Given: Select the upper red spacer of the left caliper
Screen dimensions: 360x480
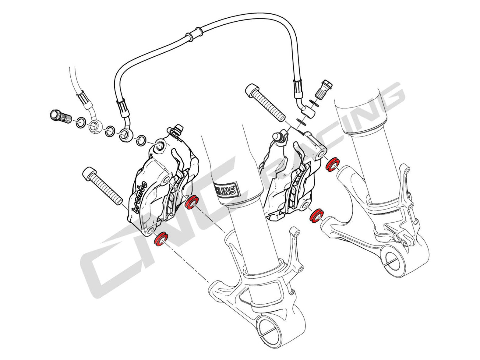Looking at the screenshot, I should coord(192,203).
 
